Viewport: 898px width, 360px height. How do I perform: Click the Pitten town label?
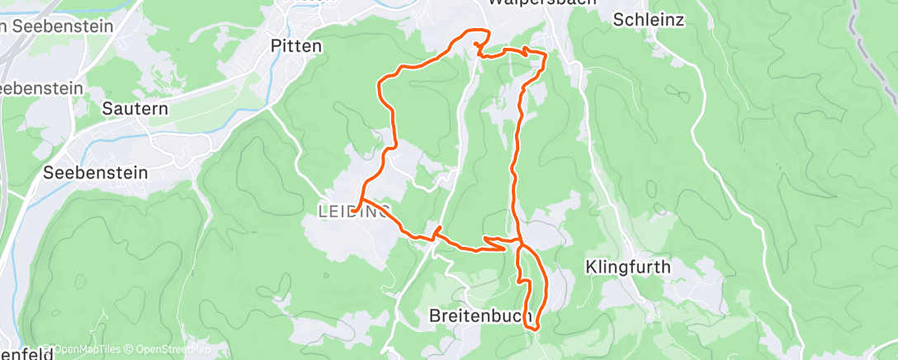pos(296,46)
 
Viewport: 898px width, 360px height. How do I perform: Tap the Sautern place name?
pos(135,108)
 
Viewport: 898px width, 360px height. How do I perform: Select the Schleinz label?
pos(649,20)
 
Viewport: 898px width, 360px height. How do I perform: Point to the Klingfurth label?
pos(627,268)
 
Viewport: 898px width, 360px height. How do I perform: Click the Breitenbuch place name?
pos(479,316)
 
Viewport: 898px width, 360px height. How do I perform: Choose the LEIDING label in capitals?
pos(353,212)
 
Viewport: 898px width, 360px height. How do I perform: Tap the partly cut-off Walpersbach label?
pos(532,3)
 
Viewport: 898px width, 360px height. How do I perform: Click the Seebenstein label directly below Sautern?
pos(96,173)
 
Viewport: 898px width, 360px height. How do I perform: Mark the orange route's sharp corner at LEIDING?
pos(361,199)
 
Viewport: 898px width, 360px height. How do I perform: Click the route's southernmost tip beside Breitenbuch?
pos(535,328)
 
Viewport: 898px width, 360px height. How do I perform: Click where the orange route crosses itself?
pos(520,243)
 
